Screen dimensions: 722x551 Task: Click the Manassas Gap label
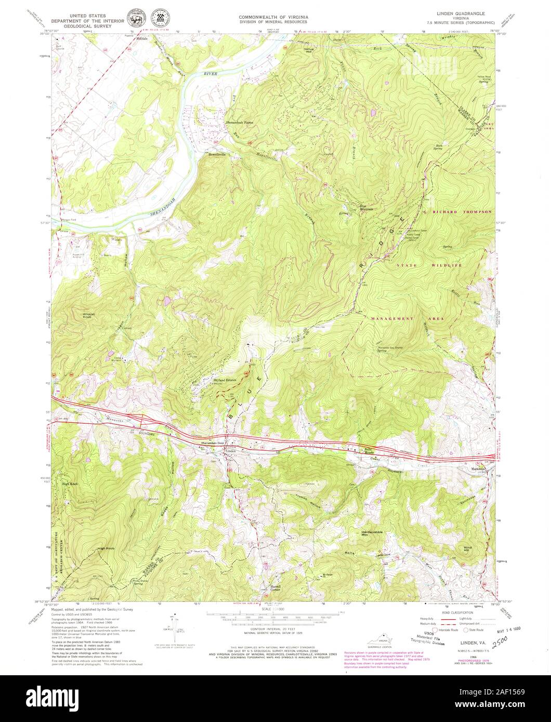pyautogui.click(x=212, y=443)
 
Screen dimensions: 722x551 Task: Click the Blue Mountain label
pyautogui.click(x=367, y=207)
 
